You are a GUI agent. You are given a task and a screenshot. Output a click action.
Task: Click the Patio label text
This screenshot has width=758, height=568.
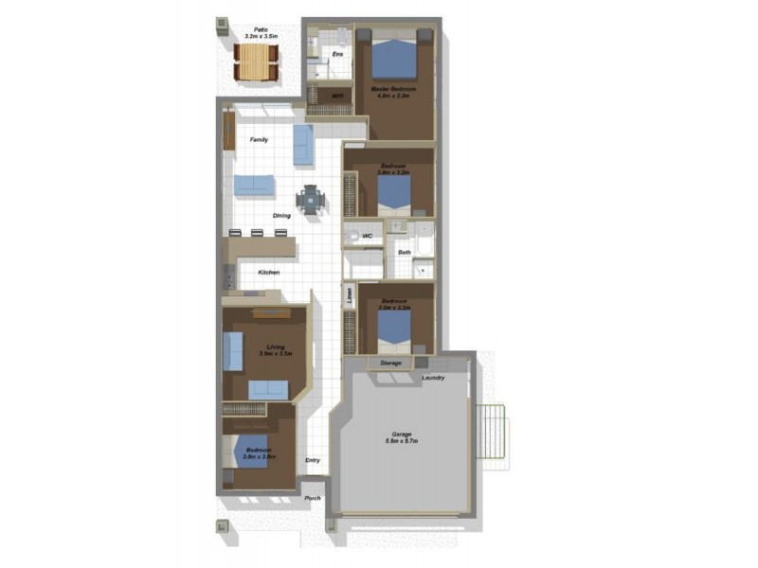tap(255, 29)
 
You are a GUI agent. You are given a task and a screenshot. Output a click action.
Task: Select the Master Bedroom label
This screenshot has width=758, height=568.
tap(393, 90)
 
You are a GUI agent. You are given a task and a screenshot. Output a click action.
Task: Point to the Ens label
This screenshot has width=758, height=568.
tap(336, 56)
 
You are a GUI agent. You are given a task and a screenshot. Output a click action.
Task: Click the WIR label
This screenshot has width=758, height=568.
tap(336, 96)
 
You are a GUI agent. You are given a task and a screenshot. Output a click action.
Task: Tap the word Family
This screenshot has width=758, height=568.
tap(259, 139)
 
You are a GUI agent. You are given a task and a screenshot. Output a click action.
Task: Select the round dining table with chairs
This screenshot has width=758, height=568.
tap(310, 200)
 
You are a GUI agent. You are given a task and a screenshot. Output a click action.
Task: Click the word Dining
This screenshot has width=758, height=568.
tap(282, 215)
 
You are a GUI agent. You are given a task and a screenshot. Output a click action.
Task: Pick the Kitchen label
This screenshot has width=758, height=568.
tap(269, 273)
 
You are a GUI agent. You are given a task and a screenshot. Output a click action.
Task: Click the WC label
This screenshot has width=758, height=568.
tap(367, 236)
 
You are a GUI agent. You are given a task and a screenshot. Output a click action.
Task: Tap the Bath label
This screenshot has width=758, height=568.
tap(405, 252)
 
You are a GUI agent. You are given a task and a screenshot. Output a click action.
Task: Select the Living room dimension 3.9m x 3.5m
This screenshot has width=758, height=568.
tap(277, 354)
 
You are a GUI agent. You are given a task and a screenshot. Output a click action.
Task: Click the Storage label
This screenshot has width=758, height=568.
tap(391, 363)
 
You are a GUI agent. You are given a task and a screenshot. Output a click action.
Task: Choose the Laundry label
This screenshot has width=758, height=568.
tap(434, 379)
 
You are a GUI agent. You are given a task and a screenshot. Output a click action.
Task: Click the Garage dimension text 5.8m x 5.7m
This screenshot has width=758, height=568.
tap(402, 441)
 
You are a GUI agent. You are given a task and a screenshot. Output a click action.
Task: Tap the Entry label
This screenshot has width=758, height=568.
tap(313, 461)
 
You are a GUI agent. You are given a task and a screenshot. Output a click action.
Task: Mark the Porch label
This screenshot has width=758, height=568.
tap(313, 498)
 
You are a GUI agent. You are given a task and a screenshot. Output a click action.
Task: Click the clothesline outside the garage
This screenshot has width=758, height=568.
tap(495, 434)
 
